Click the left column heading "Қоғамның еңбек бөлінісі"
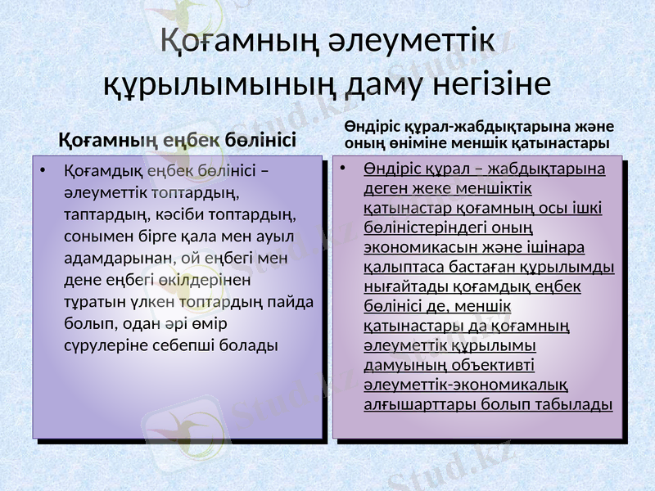click(178, 138)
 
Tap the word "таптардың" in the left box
click(101, 215)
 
